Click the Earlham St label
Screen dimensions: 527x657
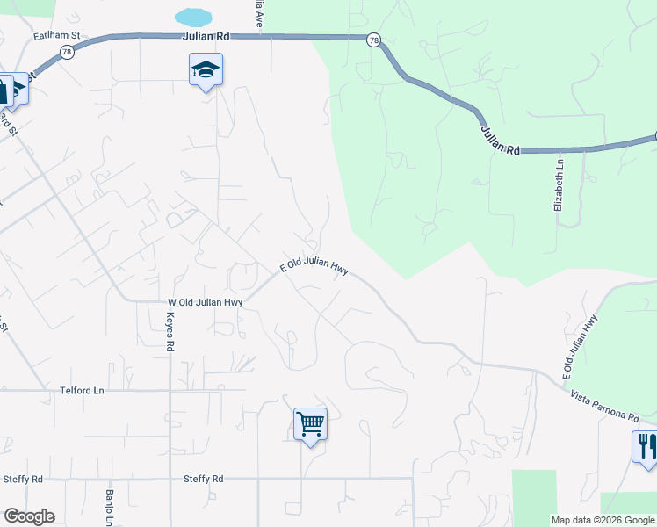[x=57, y=36]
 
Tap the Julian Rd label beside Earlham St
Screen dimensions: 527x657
[x=206, y=36]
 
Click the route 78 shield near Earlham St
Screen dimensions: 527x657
[x=67, y=53]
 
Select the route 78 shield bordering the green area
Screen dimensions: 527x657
[x=374, y=40]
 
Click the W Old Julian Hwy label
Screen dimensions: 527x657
[x=205, y=302]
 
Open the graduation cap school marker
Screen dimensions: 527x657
[x=206, y=70]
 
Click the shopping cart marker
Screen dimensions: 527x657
[x=310, y=424]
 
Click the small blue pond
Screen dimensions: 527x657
[x=193, y=17]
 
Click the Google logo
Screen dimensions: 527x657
[x=29, y=516]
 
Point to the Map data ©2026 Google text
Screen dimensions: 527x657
[x=603, y=520]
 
